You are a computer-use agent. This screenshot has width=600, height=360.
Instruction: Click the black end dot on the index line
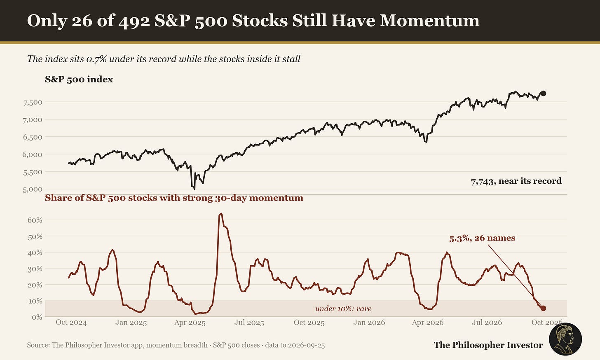pyautogui.click(x=543, y=94)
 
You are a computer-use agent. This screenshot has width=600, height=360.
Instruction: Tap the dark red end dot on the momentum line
pyautogui.click(x=543, y=309)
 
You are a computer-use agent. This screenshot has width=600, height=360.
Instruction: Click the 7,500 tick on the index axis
pyautogui.click(x=33, y=102)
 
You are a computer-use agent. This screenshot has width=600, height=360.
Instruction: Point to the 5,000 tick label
pyautogui.click(x=33, y=189)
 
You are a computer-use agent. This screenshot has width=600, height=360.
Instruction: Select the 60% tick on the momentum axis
pyautogui.click(x=35, y=220)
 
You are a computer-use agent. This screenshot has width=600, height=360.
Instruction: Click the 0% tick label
pyautogui.click(x=37, y=318)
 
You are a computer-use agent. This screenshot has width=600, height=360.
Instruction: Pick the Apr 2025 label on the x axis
pyautogui.click(x=190, y=323)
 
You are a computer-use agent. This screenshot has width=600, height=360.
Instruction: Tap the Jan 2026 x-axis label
pyautogui.click(x=369, y=322)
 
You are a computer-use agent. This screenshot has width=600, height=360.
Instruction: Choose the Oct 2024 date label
pyautogui.click(x=71, y=322)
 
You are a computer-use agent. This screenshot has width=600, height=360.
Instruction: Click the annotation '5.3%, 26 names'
pyautogui.click(x=482, y=238)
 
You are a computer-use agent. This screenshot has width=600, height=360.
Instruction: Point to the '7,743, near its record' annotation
pyautogui.click(x=516, y=181)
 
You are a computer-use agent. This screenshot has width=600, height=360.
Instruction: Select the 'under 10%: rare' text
pyautogui.click(x=343, y=309)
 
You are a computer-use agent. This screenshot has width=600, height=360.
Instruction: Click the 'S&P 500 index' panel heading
pyautogui.click(x=79, y=79)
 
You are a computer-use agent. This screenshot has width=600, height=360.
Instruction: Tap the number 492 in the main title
pyautogui.click(x=134, y=21)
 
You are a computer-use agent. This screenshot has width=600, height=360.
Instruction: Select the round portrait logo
pyautogui.click(x=565, y=339)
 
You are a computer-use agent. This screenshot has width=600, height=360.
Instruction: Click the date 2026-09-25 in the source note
pyautogui.click(x=306, y=345)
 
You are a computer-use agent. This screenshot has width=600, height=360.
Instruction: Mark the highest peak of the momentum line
pyautogui.click(x=221, y=214)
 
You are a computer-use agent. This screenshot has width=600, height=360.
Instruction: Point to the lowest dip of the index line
pyautogui.click(x=194, y=189)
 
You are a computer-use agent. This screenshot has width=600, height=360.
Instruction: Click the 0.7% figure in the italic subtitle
pyautogui.click(x=96, y=59)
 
